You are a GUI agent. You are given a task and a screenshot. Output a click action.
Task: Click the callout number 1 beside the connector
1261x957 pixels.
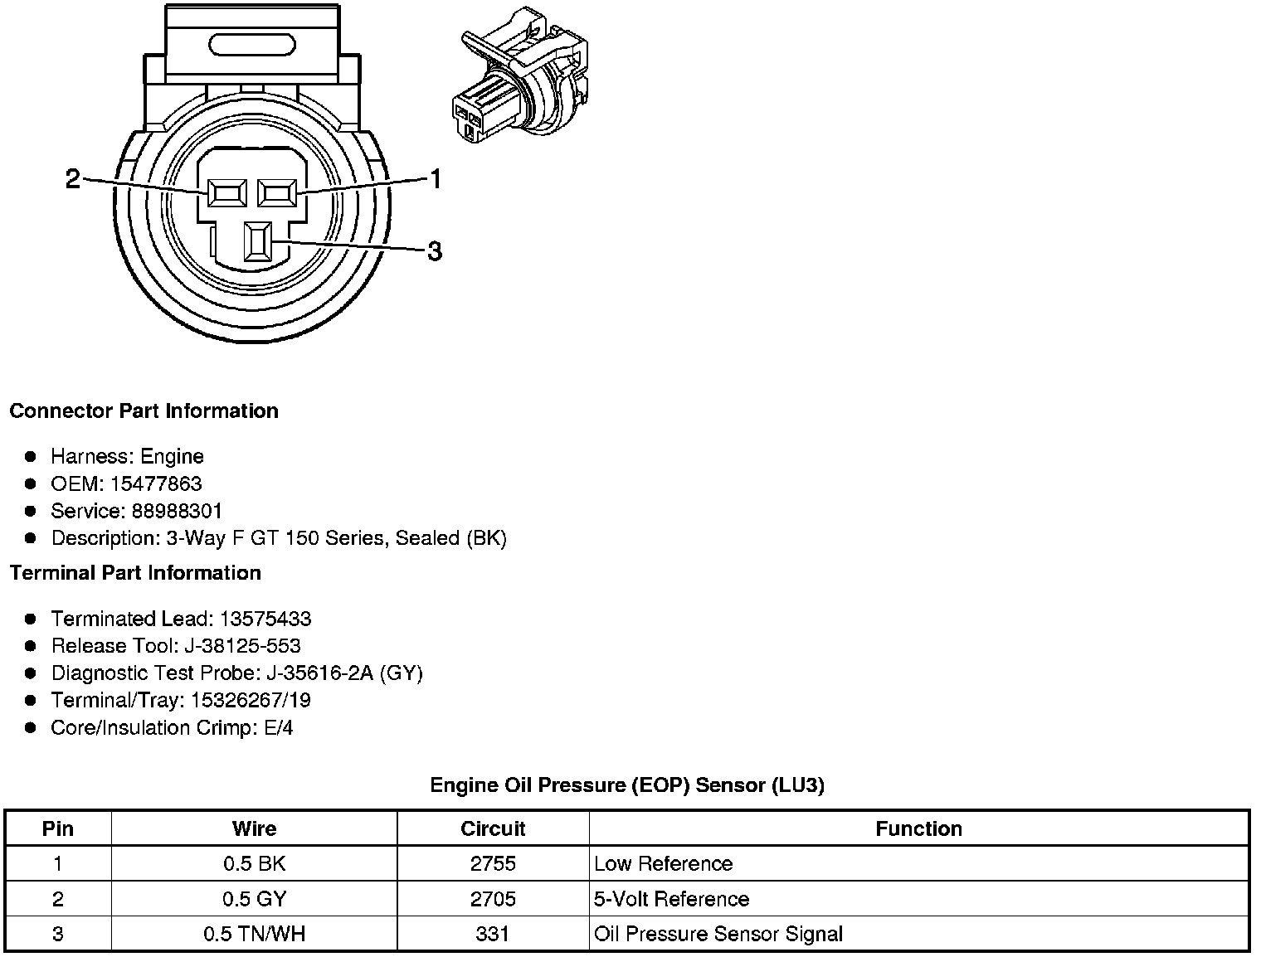(435, 178)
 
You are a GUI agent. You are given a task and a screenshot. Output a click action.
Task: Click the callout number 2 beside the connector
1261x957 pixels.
(73, 178)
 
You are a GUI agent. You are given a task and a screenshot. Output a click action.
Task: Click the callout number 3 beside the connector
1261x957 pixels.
(434, 250)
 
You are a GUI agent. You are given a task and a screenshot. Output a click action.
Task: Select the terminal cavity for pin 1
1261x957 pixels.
(277, 194)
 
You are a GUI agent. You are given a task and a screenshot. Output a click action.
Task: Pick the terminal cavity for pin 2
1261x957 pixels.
(226, 194)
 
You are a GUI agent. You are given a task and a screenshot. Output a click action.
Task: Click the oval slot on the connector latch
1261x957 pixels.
(252, 45)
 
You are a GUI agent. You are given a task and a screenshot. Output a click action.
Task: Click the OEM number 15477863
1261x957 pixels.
(156, 483)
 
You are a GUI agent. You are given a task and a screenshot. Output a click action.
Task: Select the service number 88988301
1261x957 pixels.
(177, 511)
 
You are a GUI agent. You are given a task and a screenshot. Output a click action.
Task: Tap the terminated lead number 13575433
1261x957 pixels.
(265, 619)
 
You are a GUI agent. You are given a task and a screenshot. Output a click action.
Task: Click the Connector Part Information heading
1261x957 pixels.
(144, 411)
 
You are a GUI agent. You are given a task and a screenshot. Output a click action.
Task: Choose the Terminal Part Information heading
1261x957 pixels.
(135, 573)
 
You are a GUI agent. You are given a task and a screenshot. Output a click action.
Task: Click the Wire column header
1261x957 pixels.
(254, 828)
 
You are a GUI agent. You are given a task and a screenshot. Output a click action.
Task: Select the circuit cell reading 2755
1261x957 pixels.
(493, 863)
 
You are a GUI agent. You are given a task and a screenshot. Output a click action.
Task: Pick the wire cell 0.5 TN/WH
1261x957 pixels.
(254, 934)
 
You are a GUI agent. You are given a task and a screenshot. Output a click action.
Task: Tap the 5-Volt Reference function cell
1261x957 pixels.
(671, 899)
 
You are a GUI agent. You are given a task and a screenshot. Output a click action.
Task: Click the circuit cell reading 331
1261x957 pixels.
(493, 934)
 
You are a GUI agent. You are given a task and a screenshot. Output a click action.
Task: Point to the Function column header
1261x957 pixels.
(918, 828)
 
